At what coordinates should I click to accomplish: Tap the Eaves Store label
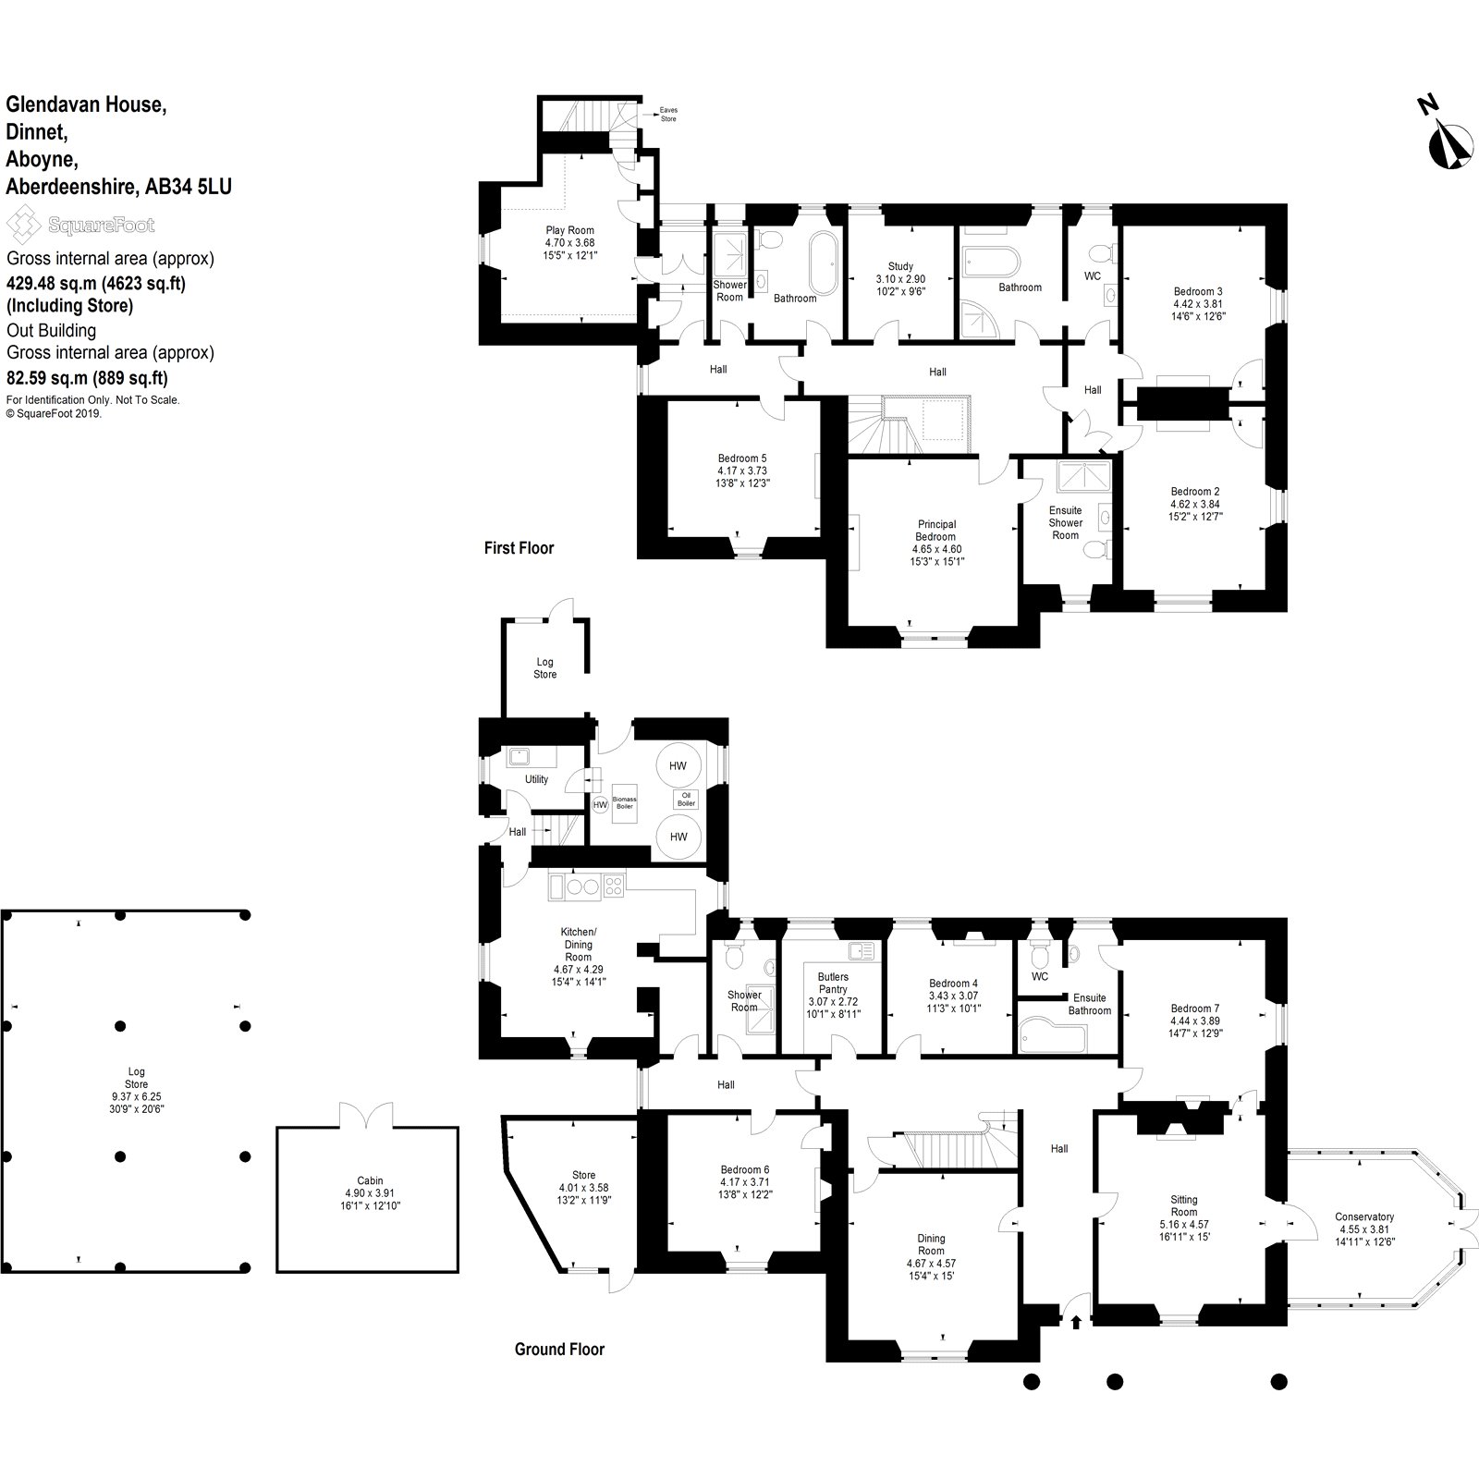click(668, 114)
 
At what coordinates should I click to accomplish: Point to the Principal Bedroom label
click(935, 531)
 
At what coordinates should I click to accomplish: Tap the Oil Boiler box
click(686, 800)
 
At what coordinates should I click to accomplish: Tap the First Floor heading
click(519, 548)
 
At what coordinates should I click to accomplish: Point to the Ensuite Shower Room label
click(1065, 522)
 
